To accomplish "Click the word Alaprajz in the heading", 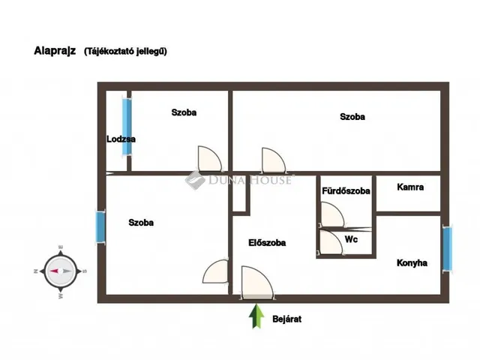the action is [x=55, y=51].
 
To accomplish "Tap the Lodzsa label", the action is [x=121, y=139].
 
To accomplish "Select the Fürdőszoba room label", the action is [x=346, y=191].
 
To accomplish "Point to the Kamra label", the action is [x=410, y=187].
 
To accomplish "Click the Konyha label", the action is [x=412, y=263].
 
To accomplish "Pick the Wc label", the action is [x=351, y=239].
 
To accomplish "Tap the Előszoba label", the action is [x=267, y=243].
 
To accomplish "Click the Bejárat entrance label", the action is [x=286, y=319].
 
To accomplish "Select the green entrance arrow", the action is [x=256, y=316].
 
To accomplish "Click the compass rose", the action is [x=61, y=271].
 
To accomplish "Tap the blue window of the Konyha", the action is [x=447, y=248].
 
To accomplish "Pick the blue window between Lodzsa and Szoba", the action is [x=127, y=127].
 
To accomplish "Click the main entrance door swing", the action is [x=257, y=282].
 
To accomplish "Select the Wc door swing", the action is [x=331, y=241].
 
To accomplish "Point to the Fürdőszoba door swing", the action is [x=332, y=214].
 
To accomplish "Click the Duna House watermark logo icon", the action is [x=195, y=180].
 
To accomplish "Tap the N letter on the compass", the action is [x=35, y=271].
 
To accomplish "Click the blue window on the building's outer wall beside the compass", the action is [x=100, y=227].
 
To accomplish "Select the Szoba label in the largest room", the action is [x=352, y=117].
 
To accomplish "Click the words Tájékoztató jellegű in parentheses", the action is [x=125, y=51].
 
